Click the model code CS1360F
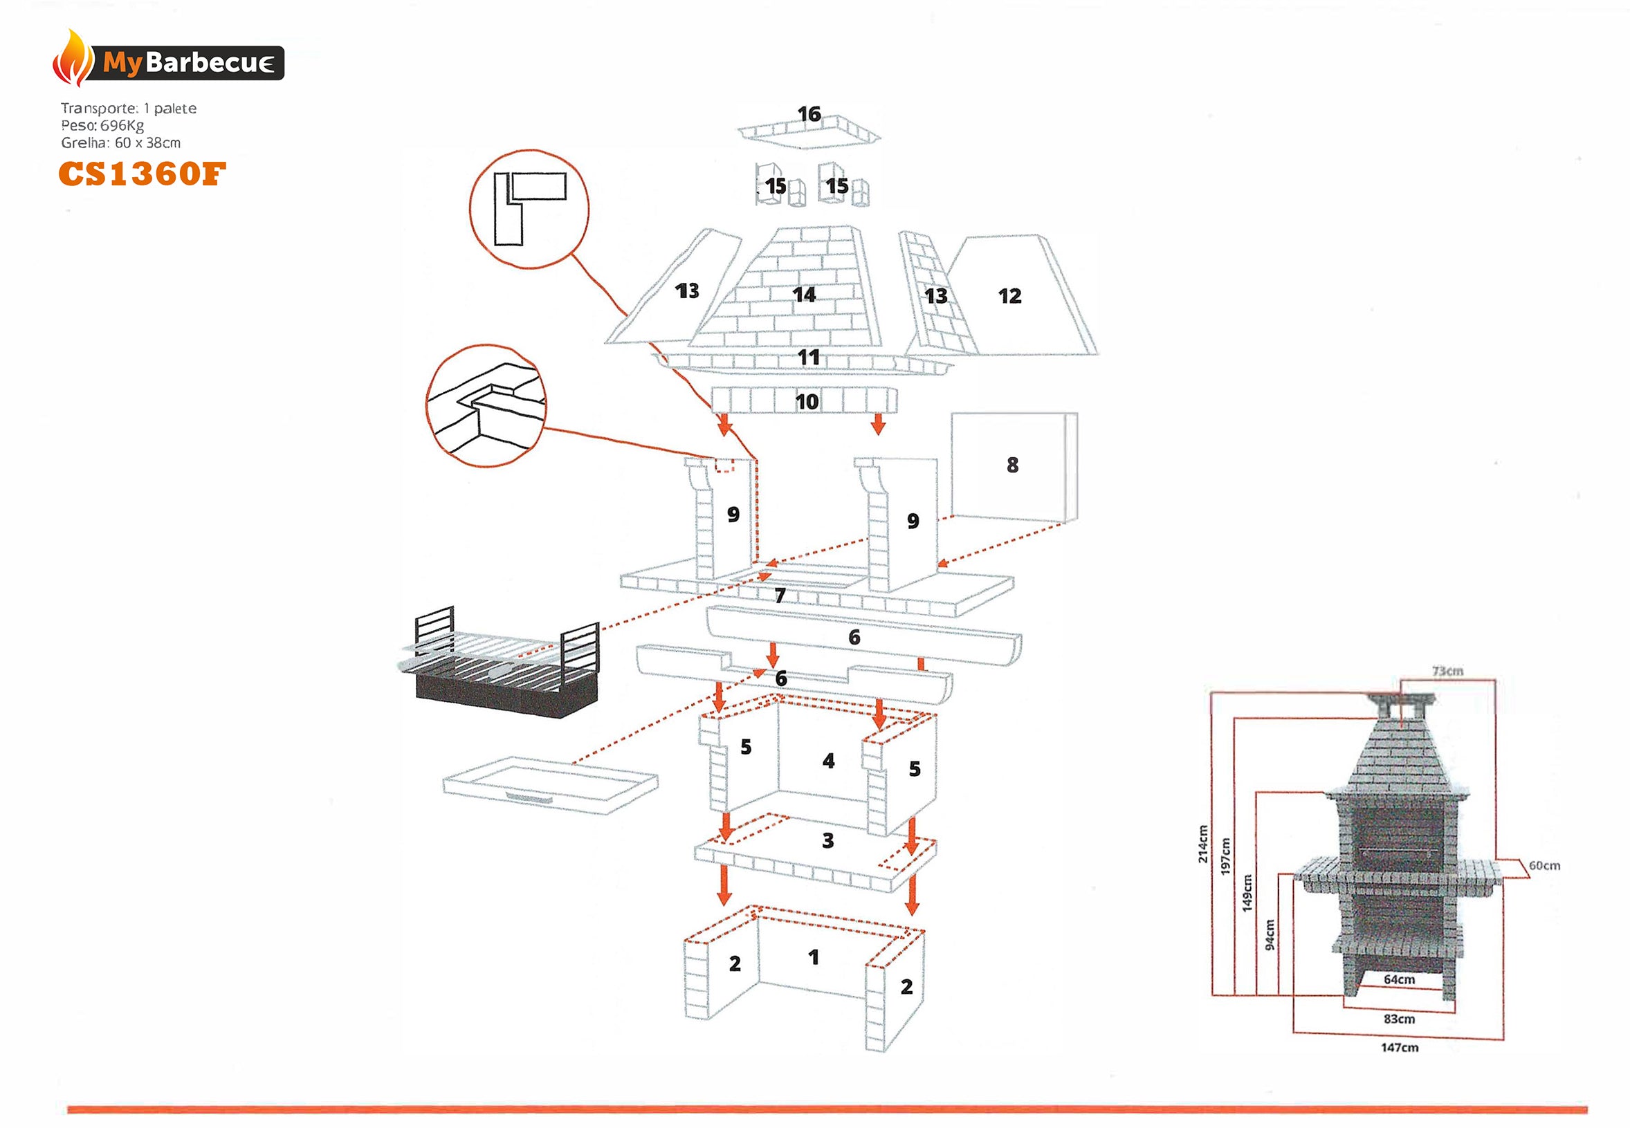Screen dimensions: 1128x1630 142,174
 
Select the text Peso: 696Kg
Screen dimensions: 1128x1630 102,126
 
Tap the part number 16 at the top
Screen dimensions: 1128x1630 809,114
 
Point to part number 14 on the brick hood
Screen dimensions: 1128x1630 804,294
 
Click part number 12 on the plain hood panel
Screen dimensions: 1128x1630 1009,296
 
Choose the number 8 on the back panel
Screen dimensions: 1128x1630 1012,465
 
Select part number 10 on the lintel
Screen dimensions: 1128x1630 807,402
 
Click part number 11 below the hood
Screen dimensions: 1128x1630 809,358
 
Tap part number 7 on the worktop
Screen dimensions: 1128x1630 780,595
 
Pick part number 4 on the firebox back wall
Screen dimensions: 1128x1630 828,761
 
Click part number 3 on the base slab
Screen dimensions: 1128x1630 827,841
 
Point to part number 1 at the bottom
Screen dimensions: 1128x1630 814,958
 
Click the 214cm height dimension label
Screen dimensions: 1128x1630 1202,844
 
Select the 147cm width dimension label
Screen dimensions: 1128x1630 1399,1047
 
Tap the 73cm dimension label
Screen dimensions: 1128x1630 1447,671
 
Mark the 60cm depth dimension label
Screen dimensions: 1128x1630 1544,866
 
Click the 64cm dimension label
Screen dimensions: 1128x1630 1399,979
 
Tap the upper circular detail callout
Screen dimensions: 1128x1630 529,209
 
